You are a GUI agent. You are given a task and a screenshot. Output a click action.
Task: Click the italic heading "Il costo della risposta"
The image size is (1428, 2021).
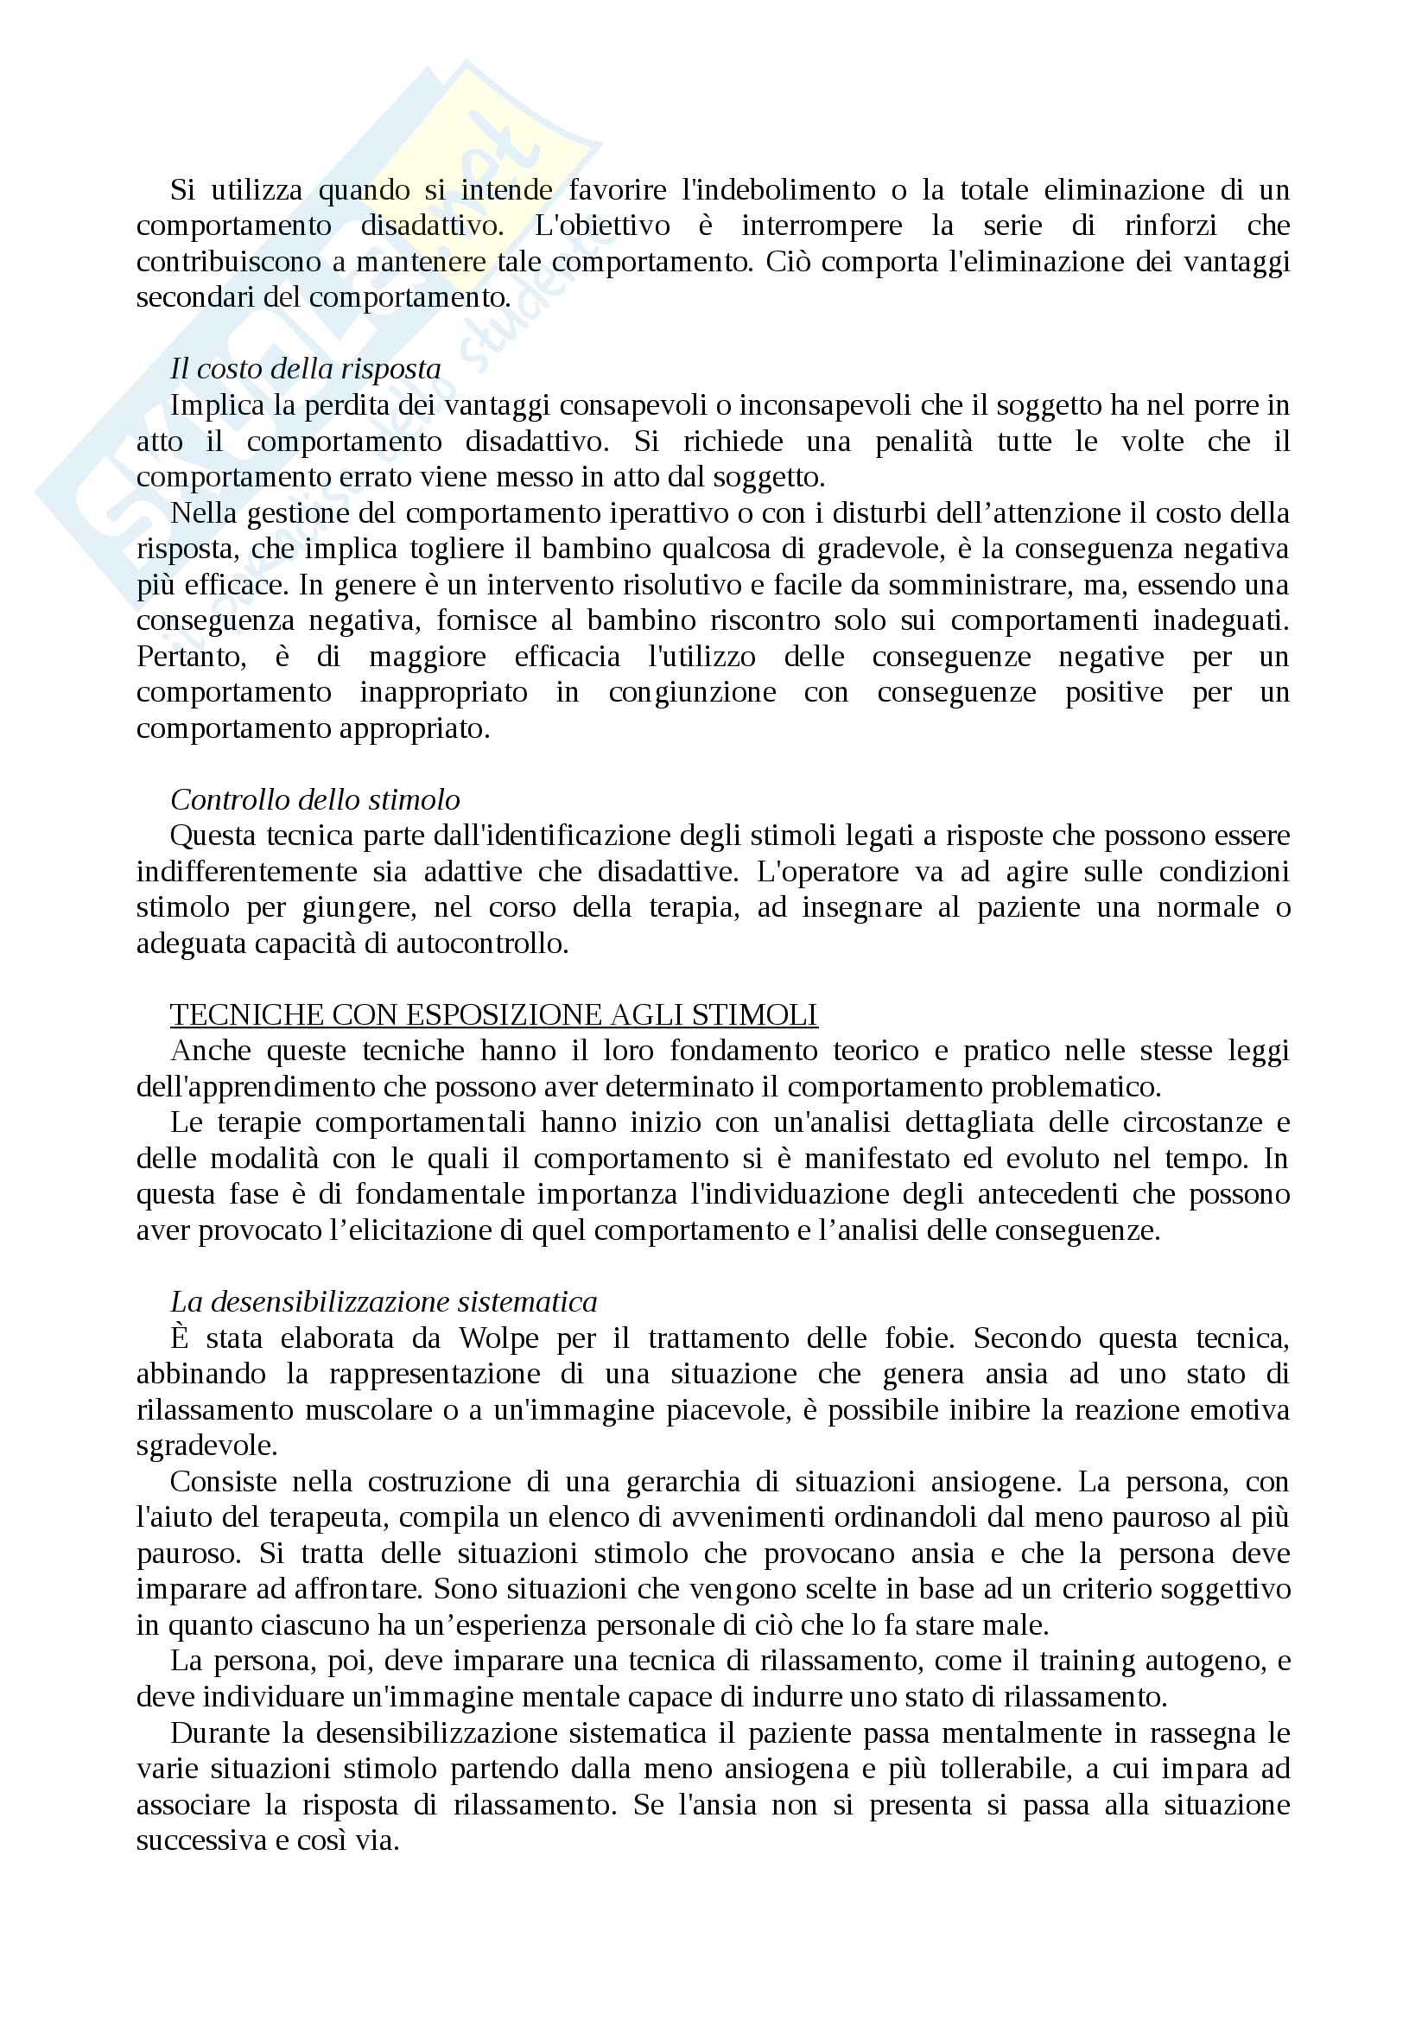[305, 369]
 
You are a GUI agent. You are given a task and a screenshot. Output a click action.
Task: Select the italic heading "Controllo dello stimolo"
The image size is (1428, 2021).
[315, 799]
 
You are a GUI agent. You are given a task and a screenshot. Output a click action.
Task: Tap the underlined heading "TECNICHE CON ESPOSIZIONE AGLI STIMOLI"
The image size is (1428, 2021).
[493, 1015]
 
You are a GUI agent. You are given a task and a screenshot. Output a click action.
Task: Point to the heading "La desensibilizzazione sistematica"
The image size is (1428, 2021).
[384, 1302]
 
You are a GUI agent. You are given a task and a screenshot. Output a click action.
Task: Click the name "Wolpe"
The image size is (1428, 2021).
[498, 1338]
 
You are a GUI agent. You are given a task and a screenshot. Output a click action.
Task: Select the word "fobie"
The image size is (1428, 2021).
[917, 1338]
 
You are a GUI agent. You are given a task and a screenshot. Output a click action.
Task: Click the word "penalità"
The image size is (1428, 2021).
[923, 441]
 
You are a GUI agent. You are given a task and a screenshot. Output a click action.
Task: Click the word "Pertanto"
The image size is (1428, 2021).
[191, 657]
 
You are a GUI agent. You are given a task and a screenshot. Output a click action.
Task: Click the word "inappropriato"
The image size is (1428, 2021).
[443, 693]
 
